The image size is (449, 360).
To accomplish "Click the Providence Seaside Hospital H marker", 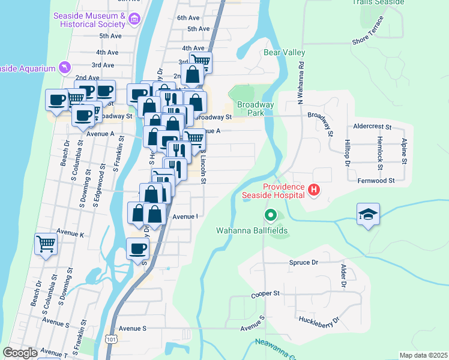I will (x=313, y=191).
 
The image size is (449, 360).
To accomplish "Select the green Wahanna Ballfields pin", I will (x=271, y=214).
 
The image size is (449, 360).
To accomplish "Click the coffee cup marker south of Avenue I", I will (x=137, y=249).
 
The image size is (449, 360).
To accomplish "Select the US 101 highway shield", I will (x=110, y=339).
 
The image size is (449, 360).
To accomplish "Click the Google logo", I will (x=20, y=353).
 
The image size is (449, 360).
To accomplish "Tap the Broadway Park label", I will (x=256, y=109).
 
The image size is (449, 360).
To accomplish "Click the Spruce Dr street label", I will (x=303, y=263).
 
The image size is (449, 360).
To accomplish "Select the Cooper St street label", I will (x=266, y=294).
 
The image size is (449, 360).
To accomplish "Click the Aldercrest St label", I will (x=372, y=127).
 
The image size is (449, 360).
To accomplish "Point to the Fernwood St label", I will (x=375, y=180).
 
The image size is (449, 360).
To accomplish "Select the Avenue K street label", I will (x=70, y=231).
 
